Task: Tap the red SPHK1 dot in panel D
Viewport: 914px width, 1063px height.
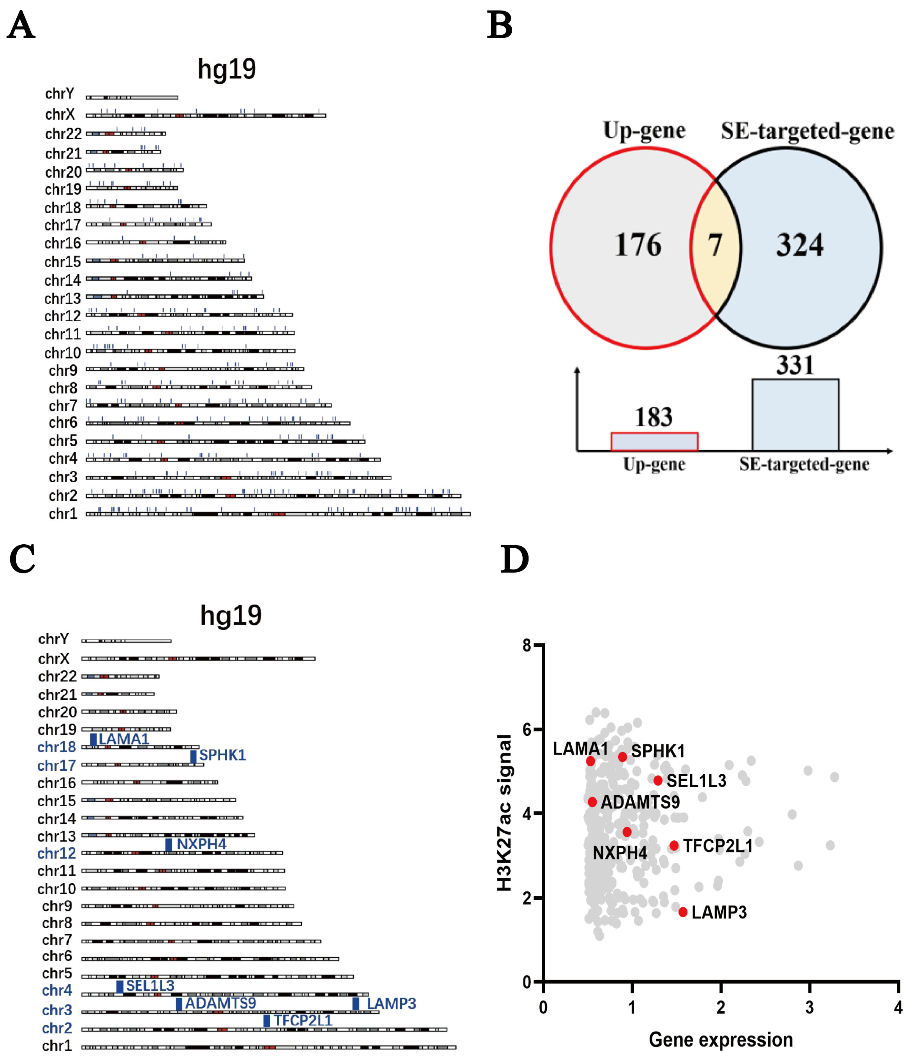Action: [622, 757]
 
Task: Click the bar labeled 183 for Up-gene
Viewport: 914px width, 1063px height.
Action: [654, 442]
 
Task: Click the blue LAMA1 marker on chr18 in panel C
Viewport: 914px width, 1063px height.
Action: [93, 739]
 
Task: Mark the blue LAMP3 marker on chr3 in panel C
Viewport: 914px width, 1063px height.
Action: [356, 1004]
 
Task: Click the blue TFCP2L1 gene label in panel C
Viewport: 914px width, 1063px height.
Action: [303, 1020]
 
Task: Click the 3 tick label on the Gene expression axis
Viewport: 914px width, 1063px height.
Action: [809, 1008]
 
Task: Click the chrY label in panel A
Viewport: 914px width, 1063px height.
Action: [59, 94]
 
